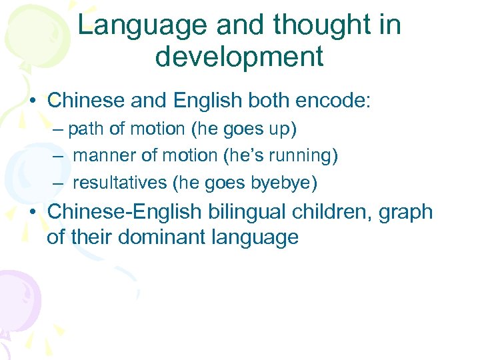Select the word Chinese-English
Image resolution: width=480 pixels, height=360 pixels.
pyautogui.click(x=124, y=212)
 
